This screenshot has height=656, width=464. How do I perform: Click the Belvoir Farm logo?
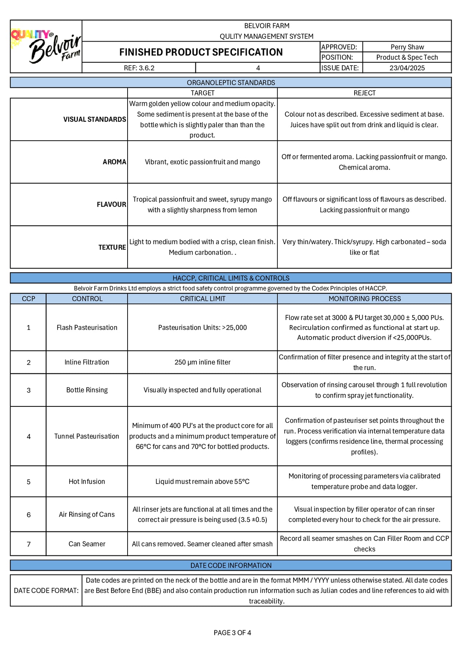click(x=46, y=46)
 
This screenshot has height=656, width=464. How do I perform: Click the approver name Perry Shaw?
click(x=407, y=47)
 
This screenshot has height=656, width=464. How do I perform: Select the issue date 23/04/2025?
click(x=407, y=68)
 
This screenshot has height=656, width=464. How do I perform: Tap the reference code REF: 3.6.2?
click(x=139, y=68)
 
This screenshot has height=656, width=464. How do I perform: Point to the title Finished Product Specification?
click(x=201, y=52)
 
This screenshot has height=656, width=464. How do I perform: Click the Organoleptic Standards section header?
click(x=231, y=83)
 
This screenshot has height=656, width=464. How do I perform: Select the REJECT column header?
click(x=364, y=93)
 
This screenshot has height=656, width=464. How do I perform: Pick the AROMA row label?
click(x=114, y=162)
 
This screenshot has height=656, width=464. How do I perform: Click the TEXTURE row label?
click(x=112, y=247)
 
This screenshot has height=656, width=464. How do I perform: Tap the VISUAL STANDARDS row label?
click(x=94, y=119)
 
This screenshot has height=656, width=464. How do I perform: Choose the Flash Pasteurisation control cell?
click(x=87, y=327)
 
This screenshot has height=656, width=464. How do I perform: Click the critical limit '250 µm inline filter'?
click(x=202, y=362)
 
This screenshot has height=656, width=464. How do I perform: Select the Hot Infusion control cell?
click(x=87, y=481)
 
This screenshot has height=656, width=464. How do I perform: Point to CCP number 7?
click(x=28, y=544)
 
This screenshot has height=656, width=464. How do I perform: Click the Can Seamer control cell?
click(x=87, y=544)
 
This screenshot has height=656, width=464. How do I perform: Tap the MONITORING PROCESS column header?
click(x=364, y=299)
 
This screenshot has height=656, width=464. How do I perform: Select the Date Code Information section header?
click(x=231, y=565)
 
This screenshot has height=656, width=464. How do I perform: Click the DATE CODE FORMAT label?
click(x=46, y=590)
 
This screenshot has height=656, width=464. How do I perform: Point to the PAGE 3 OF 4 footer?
click(x=232, y=633)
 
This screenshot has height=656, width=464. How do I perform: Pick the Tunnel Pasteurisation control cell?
click(x=87, y=436)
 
